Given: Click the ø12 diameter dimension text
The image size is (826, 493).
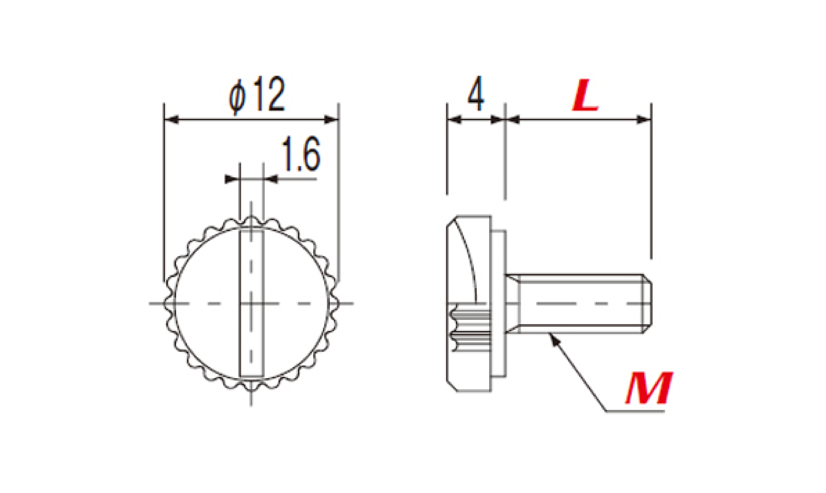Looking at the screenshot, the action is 257,95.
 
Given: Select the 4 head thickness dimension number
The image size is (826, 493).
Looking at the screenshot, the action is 476,93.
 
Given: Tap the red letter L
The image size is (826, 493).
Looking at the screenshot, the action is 585,95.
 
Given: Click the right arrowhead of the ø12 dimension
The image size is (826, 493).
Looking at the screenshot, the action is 331,120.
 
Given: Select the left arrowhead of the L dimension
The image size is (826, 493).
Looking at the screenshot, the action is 513,120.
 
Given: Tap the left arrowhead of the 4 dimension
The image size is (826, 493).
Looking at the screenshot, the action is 454,120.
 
